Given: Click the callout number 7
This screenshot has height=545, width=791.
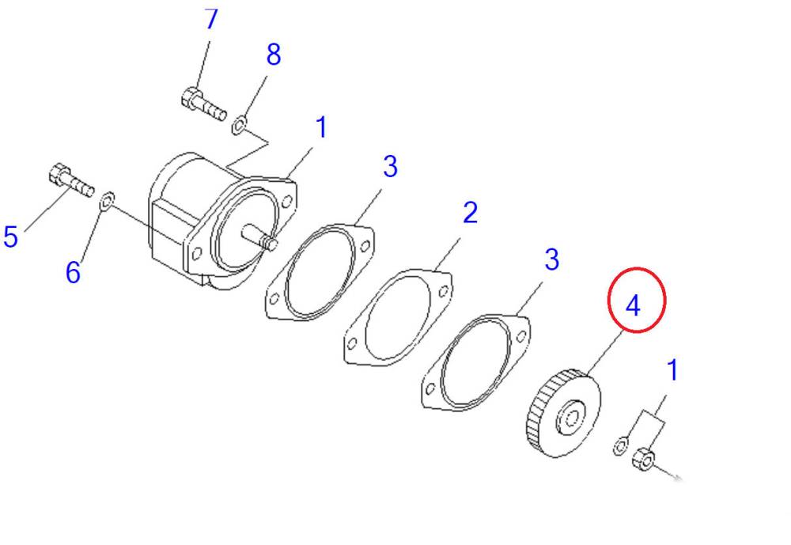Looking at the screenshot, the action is click(212, 19).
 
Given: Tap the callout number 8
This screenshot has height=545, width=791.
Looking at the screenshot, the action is click(274, 55).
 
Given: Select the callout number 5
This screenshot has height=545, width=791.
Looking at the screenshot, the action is click(10, 237).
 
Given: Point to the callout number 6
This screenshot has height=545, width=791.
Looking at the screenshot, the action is click(73, 272).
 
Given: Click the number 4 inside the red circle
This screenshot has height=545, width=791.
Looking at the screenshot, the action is click(633, 306).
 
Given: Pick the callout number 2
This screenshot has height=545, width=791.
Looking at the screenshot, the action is click(470, 213).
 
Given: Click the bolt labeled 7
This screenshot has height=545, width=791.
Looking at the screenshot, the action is click(203, 105).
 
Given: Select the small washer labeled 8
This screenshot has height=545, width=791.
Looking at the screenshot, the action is click(239, 125).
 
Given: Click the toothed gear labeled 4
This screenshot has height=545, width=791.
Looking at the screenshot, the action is click(563, 413).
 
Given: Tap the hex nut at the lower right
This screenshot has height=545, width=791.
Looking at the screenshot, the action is click(643, 460).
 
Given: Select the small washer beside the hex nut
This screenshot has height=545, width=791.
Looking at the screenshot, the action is click(620, 446).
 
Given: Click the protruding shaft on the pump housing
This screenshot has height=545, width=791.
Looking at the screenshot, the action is click(259, 238).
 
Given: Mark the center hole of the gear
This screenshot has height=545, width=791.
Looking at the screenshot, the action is click(572, 418).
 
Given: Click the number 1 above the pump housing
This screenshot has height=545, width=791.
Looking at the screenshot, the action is click(321, 127).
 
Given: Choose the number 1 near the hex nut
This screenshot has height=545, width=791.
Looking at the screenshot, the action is click(672, 370).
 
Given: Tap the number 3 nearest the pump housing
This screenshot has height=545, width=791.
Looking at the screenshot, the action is click(390, 167).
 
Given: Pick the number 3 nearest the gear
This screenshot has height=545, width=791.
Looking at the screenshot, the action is click(552, 259).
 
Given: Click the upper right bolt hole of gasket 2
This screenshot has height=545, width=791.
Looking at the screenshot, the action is click(444, 291).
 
